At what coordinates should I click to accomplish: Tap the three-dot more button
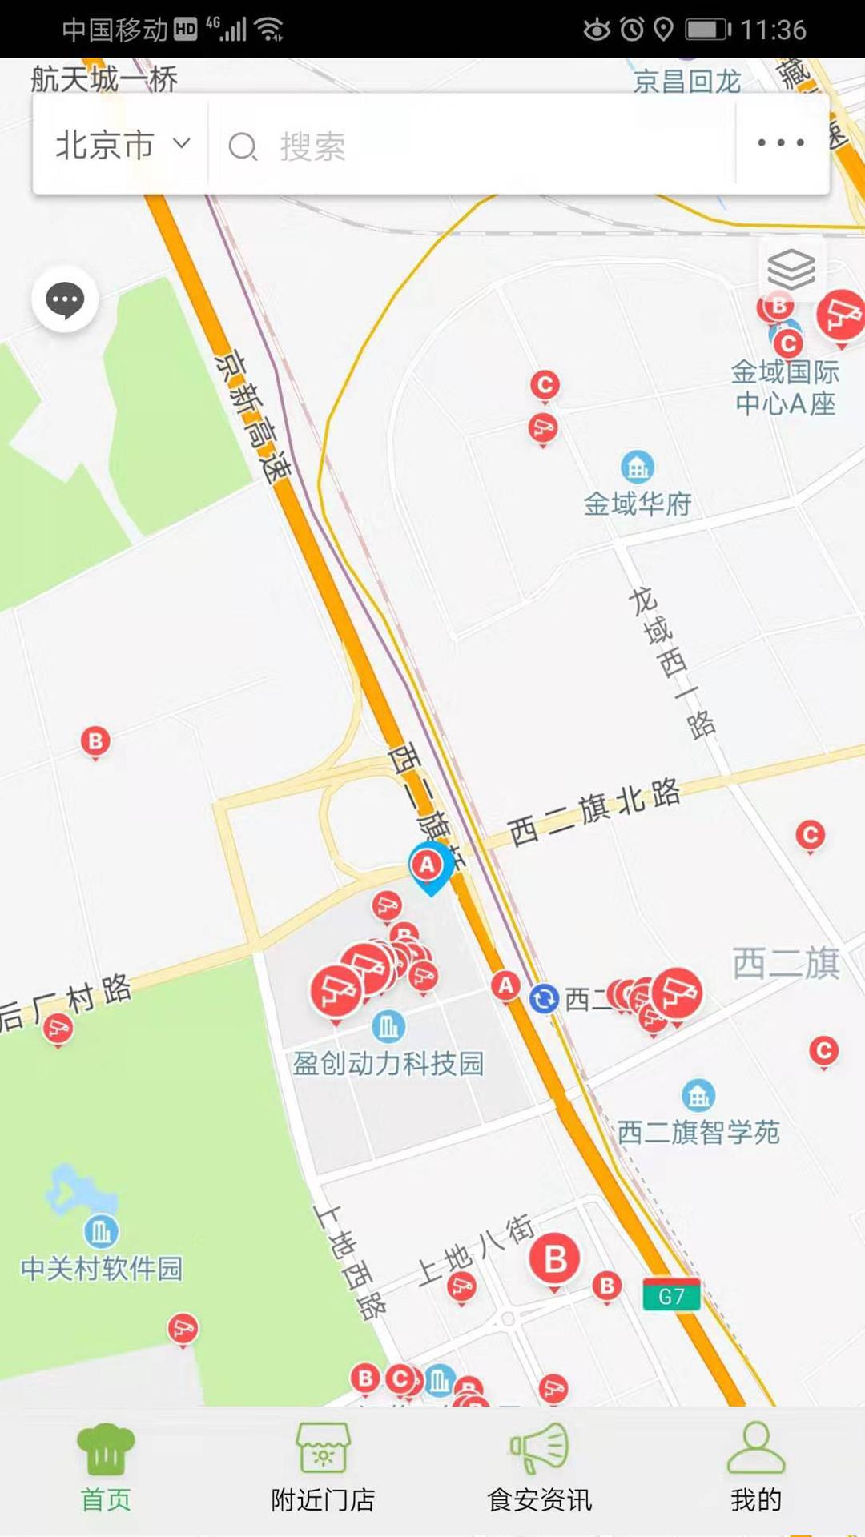(781, 143)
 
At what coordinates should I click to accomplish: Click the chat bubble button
(65, 300)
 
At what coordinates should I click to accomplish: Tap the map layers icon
(791, 269)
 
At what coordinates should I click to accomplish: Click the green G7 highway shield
(671, 1296)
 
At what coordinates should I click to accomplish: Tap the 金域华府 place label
(638, 504)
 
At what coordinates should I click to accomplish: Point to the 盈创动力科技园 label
(388, 1063)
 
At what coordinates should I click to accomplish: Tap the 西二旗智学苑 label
(698, 1132)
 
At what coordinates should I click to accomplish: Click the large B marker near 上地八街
(555, 1259)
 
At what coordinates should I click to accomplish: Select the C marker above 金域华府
(545, 385)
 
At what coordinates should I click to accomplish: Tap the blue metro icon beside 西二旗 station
(545, 998)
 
